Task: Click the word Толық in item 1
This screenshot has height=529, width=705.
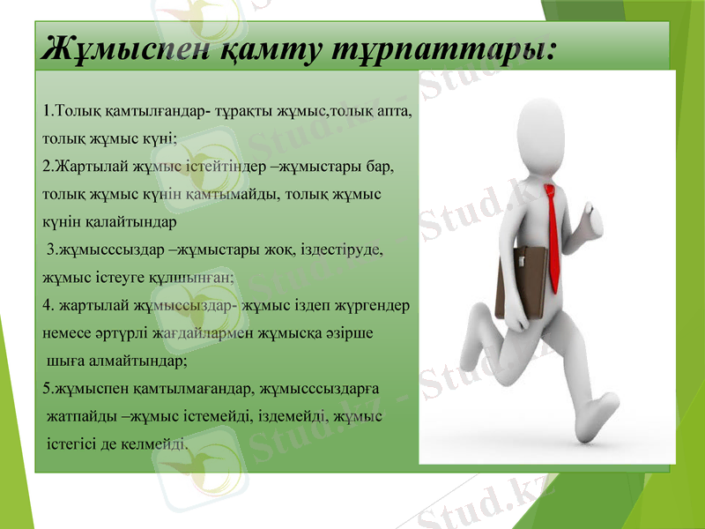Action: [x=78, y=113]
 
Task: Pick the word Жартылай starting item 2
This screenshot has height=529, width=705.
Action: [x=87, y=166]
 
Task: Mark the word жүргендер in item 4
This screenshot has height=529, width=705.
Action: [x=373, y=306]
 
